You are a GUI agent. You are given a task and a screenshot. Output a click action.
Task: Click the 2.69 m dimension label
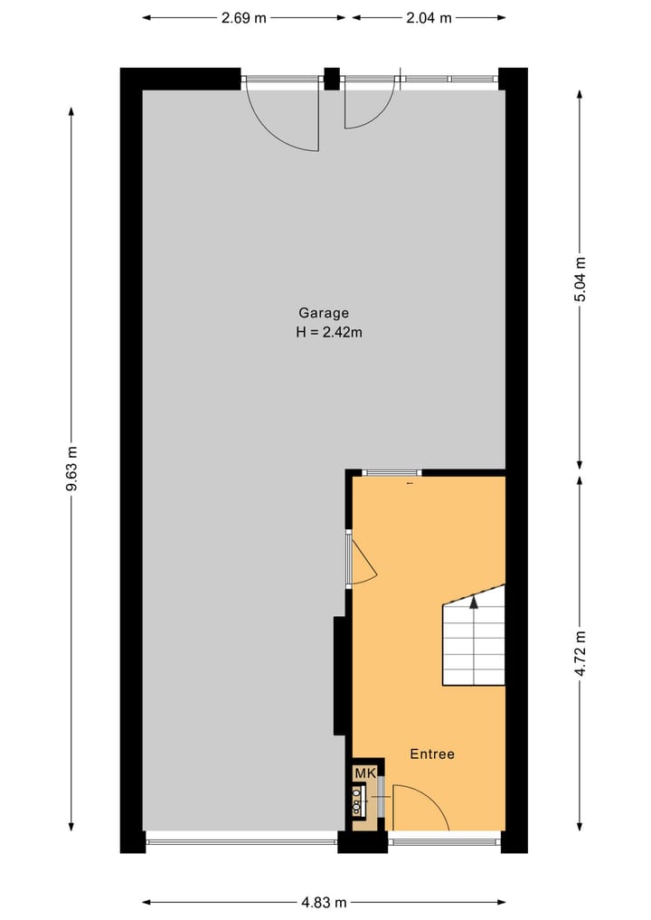coord(244,18)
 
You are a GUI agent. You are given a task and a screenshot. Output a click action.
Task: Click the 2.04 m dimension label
coord(429,18)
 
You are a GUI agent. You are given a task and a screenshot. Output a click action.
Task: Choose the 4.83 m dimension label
coord(324,902)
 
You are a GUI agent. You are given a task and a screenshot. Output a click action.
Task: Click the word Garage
coord(324,313)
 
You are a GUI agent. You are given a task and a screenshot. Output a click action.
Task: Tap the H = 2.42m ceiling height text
coord(329,332)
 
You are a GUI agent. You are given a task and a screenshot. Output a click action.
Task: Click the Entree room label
coord(432,754)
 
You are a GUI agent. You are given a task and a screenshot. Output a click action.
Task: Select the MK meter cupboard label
coord(364,773)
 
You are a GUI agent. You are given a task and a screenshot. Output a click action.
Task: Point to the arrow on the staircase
coord(473,602)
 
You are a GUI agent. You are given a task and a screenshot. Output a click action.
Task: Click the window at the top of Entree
coord(392,472)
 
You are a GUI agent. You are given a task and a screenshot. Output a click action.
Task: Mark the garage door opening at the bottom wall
coord(241,841)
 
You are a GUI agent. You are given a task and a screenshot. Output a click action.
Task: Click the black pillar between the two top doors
coord(332,79)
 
